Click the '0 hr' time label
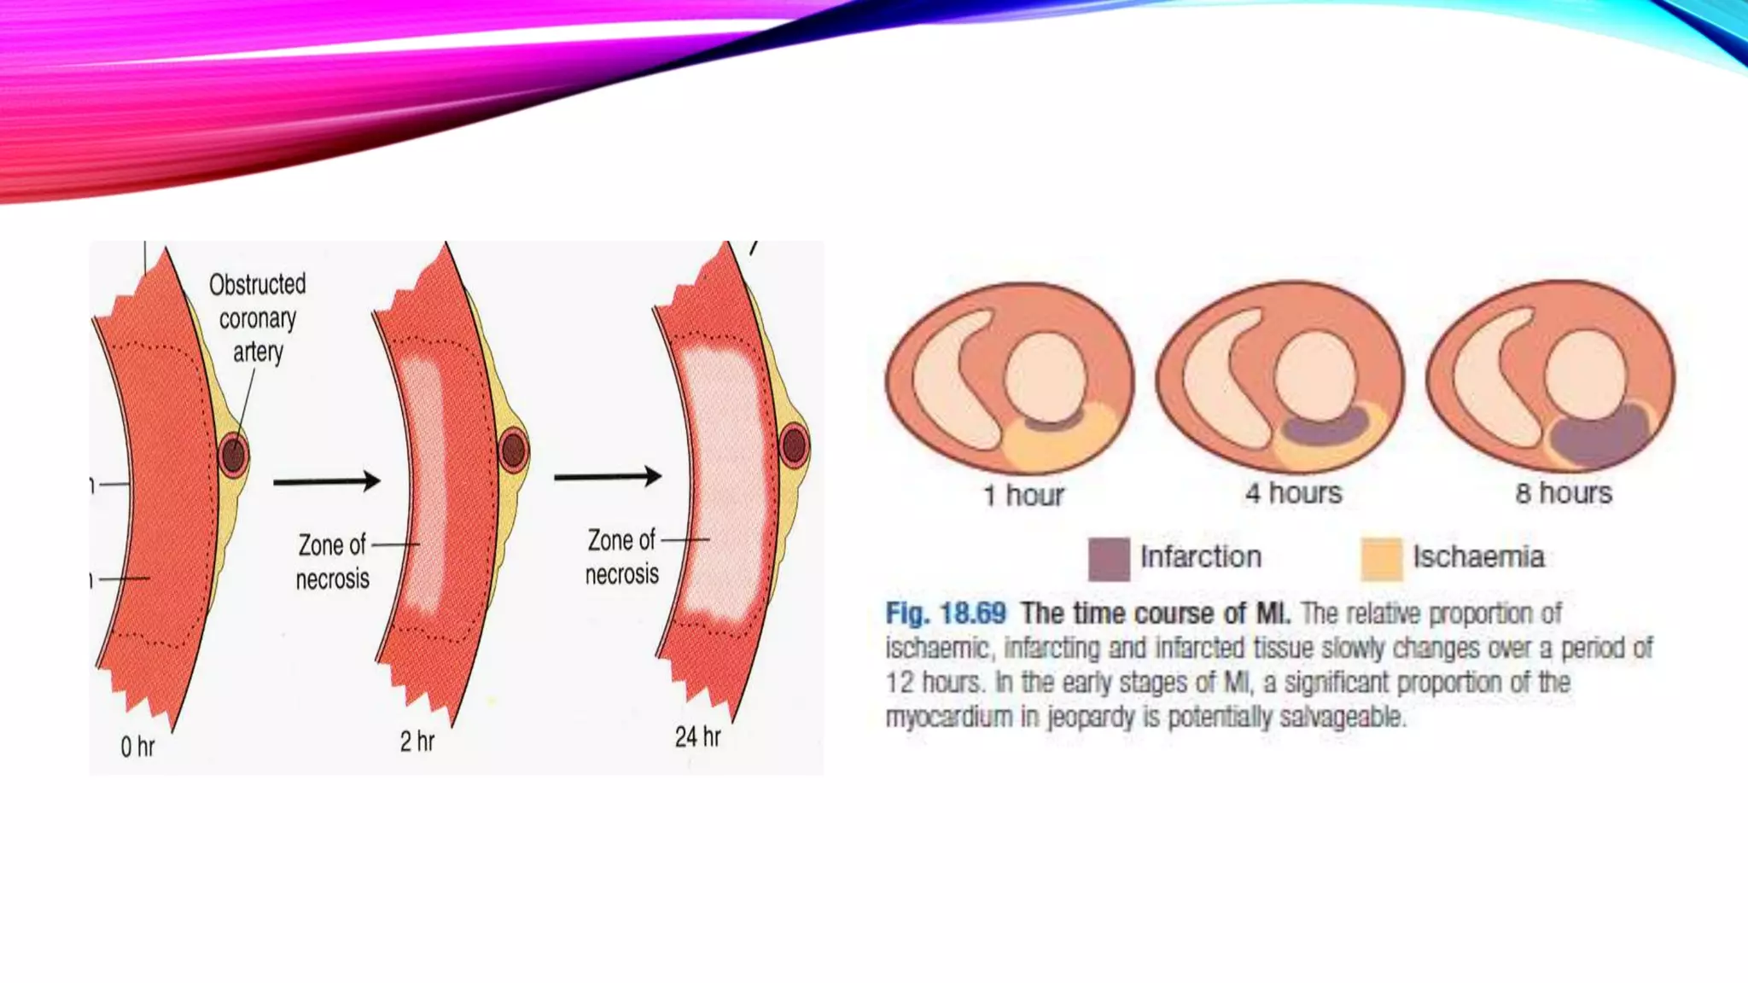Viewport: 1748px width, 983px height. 137,747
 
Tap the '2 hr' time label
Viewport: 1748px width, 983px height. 417,742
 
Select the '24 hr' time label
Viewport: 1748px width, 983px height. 697,736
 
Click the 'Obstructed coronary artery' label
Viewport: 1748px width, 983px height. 257,318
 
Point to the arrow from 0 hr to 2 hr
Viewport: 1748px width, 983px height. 326,481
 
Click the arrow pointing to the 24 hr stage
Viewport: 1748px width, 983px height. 607,476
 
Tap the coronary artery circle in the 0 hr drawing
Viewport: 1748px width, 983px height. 233,455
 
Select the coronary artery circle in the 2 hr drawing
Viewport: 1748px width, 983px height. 514,450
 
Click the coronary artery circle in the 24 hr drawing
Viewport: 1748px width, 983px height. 794,445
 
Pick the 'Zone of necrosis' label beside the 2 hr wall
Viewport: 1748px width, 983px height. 332,561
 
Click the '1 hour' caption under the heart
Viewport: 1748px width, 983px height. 1023,495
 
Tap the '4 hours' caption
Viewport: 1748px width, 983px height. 1293,493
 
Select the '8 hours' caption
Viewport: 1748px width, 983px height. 1564,493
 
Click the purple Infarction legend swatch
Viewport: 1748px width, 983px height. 1109,559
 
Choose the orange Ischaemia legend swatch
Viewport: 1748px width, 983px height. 1381,559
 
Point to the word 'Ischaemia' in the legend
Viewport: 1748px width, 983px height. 1478,557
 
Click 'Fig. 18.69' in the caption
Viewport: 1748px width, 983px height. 946,614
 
